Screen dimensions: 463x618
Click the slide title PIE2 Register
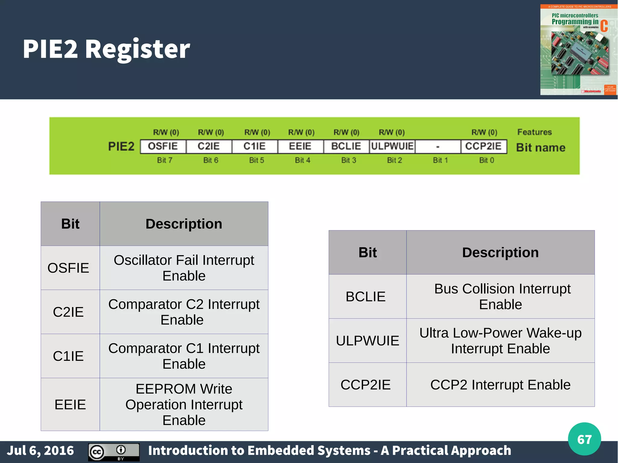106,49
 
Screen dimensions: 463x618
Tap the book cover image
578,50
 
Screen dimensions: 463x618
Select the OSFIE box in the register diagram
163,146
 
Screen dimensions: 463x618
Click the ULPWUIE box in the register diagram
392,146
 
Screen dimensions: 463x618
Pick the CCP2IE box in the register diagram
483,146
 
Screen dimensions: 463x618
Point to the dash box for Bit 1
438,147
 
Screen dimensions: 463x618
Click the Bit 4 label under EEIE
302,160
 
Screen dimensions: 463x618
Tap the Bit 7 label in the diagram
164,160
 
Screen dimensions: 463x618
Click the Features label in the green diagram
534,132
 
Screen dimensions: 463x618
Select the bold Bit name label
541,147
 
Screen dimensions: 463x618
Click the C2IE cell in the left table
68,312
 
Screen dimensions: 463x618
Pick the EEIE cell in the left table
70,404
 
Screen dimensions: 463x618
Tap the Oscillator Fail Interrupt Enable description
184,268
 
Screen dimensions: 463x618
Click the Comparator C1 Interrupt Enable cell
184,356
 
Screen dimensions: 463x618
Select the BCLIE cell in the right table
365,297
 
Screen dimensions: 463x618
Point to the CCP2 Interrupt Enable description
500,385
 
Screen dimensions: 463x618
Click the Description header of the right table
500,252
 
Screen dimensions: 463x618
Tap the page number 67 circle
584,439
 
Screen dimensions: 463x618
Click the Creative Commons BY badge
114,452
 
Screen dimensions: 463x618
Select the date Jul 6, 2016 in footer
40,450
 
